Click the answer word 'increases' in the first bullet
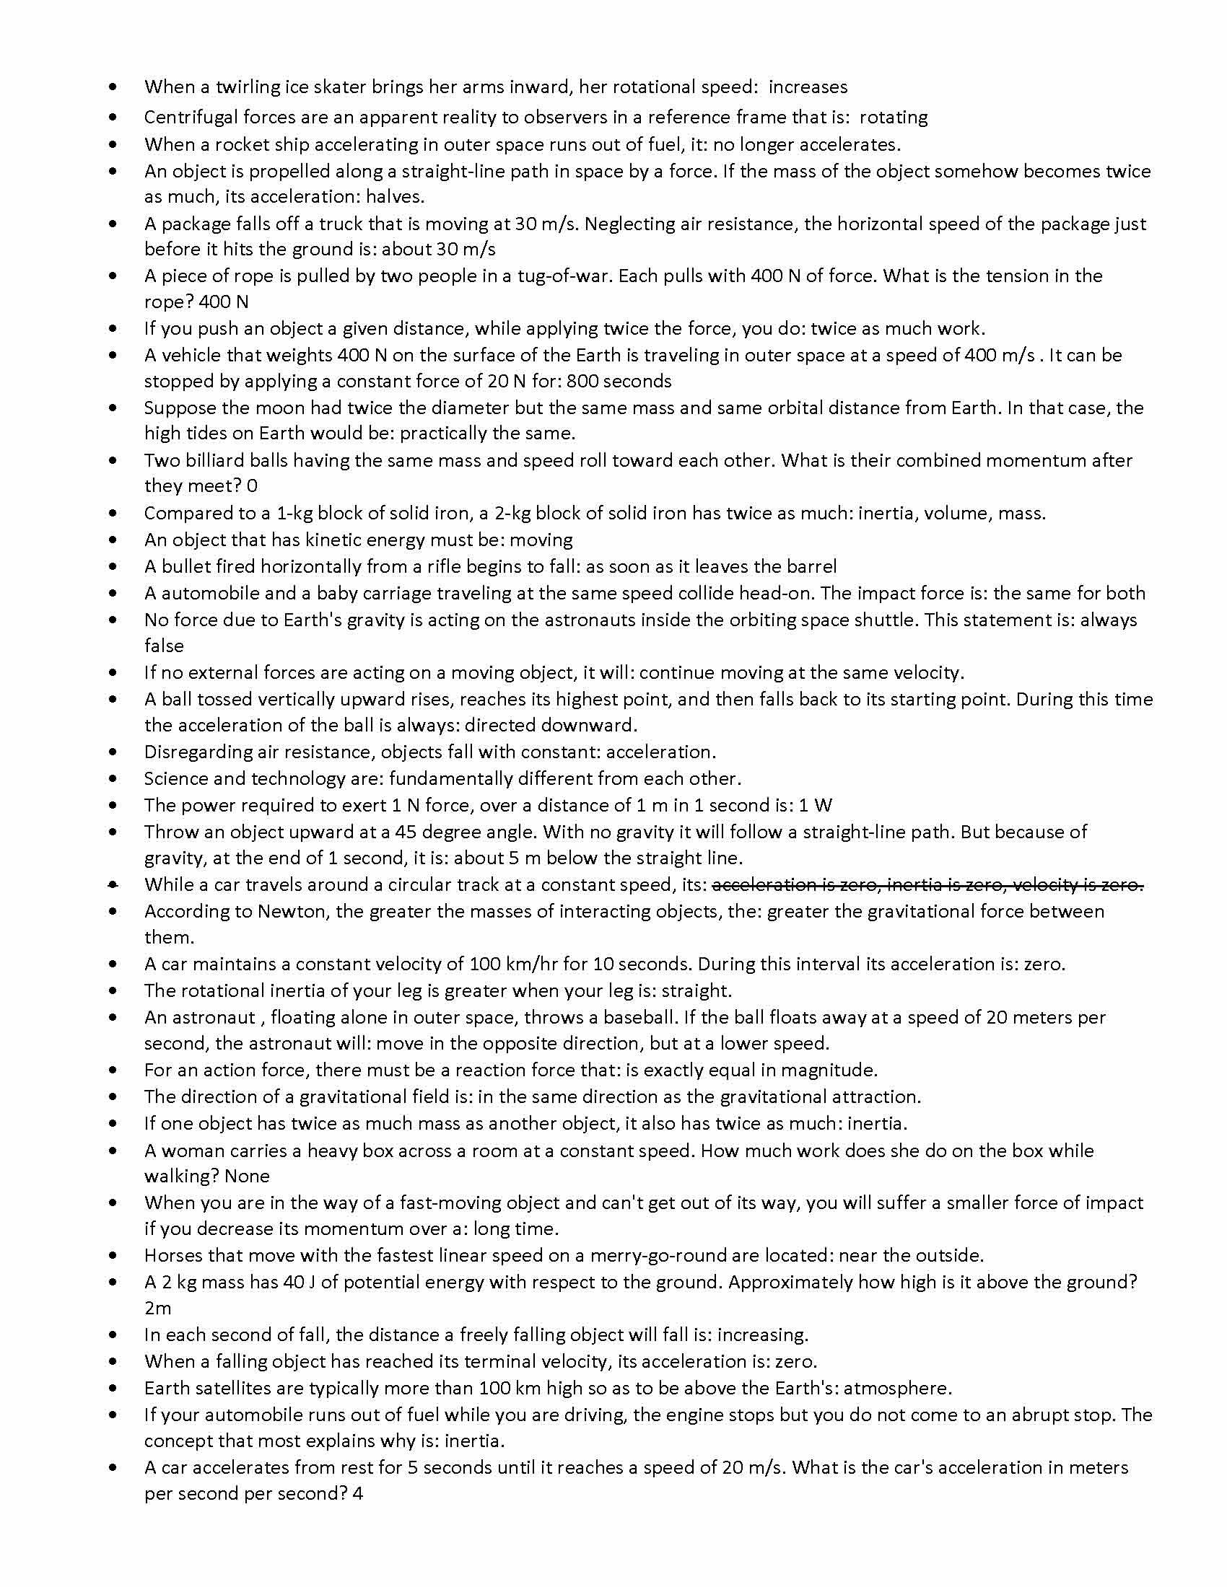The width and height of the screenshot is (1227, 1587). pyautogui.click(x=808, y=87)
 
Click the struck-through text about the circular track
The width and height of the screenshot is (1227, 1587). pyautogui.click(x=927, y=885)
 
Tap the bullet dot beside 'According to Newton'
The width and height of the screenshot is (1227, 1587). pyautogui.click(x=112, y=912)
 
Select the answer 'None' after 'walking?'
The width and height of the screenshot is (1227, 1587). pyautogui.click(x=247, y=1177)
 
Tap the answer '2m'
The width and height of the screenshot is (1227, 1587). pyautogui.click(x=158, y=1309)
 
